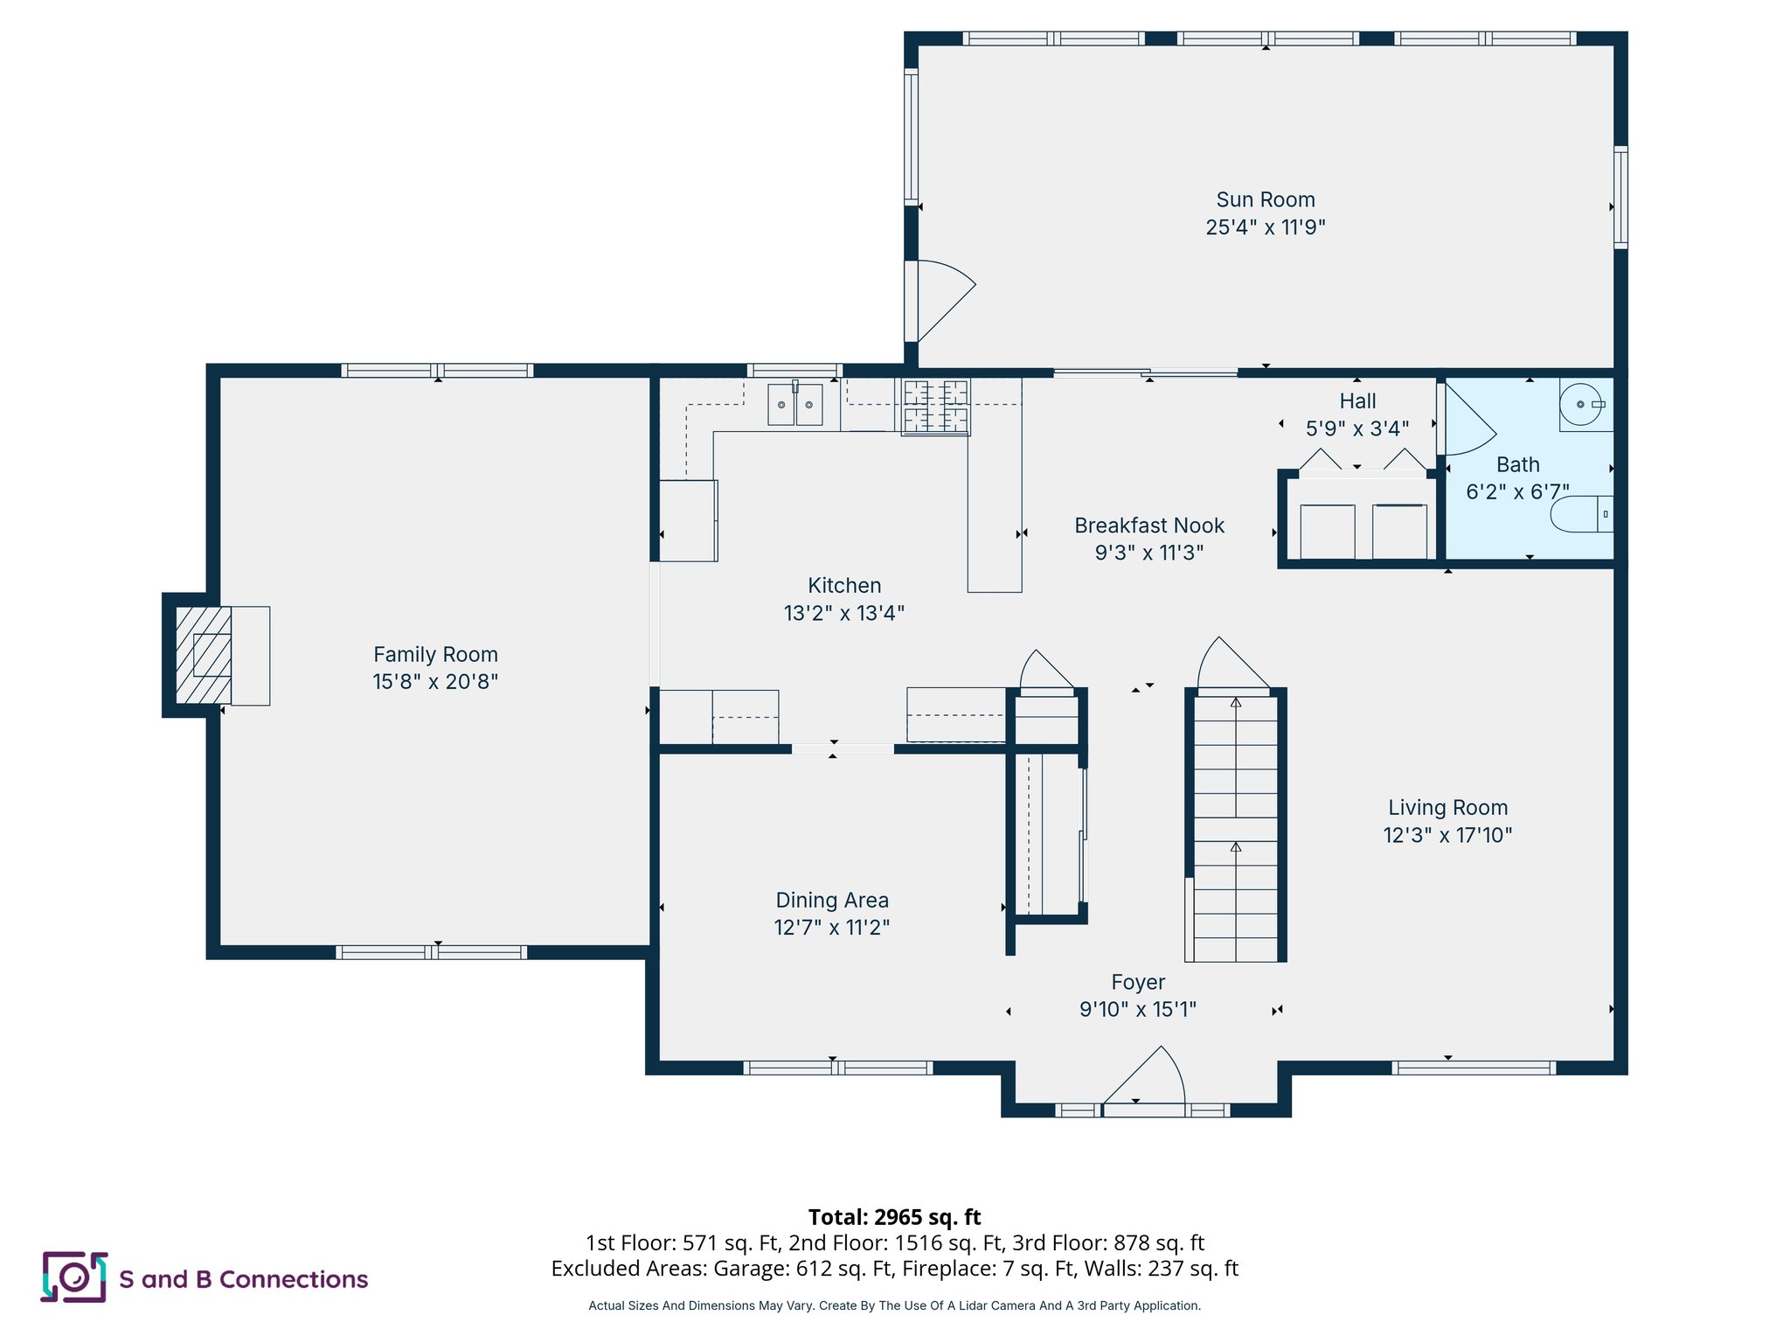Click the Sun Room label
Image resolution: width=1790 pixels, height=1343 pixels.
point(1265,200)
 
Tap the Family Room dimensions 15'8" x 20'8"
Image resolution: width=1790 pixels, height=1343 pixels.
point(435,681)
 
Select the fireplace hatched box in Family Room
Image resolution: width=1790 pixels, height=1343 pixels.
point(204,655)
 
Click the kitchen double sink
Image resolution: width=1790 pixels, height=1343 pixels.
point(794,405)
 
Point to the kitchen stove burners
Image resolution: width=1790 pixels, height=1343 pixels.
point(935,406)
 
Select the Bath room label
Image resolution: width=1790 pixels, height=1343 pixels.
point(1517,464)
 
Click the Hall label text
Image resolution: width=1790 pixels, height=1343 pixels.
point(1357,401)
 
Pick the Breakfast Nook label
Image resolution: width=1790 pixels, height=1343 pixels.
point(1148,525)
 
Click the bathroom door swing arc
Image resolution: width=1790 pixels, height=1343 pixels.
point(1468,424)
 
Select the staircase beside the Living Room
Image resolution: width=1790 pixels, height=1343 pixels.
point(1235,826)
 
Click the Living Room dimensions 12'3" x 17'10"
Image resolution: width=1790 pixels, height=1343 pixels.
point(1447,835)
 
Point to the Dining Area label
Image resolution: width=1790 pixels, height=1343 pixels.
point(831,900)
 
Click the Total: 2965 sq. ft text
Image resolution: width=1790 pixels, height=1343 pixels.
point(894,1216)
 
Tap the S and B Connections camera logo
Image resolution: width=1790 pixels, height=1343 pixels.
point(74,1277)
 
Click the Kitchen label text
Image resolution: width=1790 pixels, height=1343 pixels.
point(843,585)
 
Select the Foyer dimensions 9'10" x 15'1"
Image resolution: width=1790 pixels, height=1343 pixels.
point(1137,1009)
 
